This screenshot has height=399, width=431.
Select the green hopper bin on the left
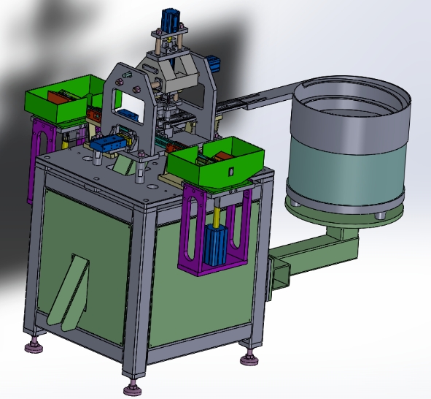tap(58, 102)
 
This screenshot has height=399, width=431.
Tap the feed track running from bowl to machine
tap(255, 98)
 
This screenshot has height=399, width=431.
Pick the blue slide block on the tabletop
tap(109, 143)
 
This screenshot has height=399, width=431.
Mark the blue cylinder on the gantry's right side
tap(214, 63)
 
